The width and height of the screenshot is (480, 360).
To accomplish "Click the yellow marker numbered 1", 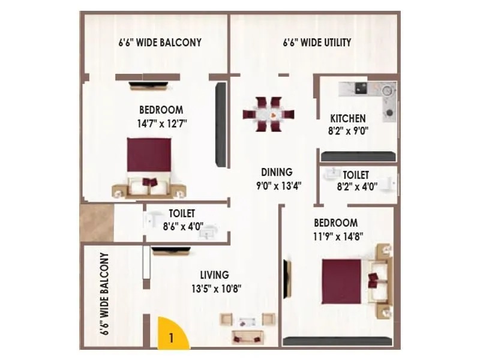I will pyautogui.click(x=172, y=337).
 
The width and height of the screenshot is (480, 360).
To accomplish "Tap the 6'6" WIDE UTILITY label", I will pyautogui.click(x=317, y=43).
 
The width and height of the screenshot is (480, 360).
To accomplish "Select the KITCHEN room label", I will pyautogui.click(x=347, y=118).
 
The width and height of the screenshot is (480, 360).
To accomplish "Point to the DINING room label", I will pyautogui.click(x=276, y=172).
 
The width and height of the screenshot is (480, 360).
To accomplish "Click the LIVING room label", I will pyautogui.click(x=214, y=275).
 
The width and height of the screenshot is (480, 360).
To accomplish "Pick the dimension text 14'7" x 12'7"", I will pyautogui.click(x=161, y=123).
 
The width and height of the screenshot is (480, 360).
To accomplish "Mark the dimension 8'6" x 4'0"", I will pyautogui.click(x=183, y=227).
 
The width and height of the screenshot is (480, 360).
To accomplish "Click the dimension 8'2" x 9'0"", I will pyautogui.click(x=347, y=130).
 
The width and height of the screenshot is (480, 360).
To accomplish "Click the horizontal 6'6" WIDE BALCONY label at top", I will pyautogui.click(x=159, y=43).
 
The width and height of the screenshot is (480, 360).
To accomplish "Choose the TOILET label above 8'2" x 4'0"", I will pyautogui.click(x=355, y=175).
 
